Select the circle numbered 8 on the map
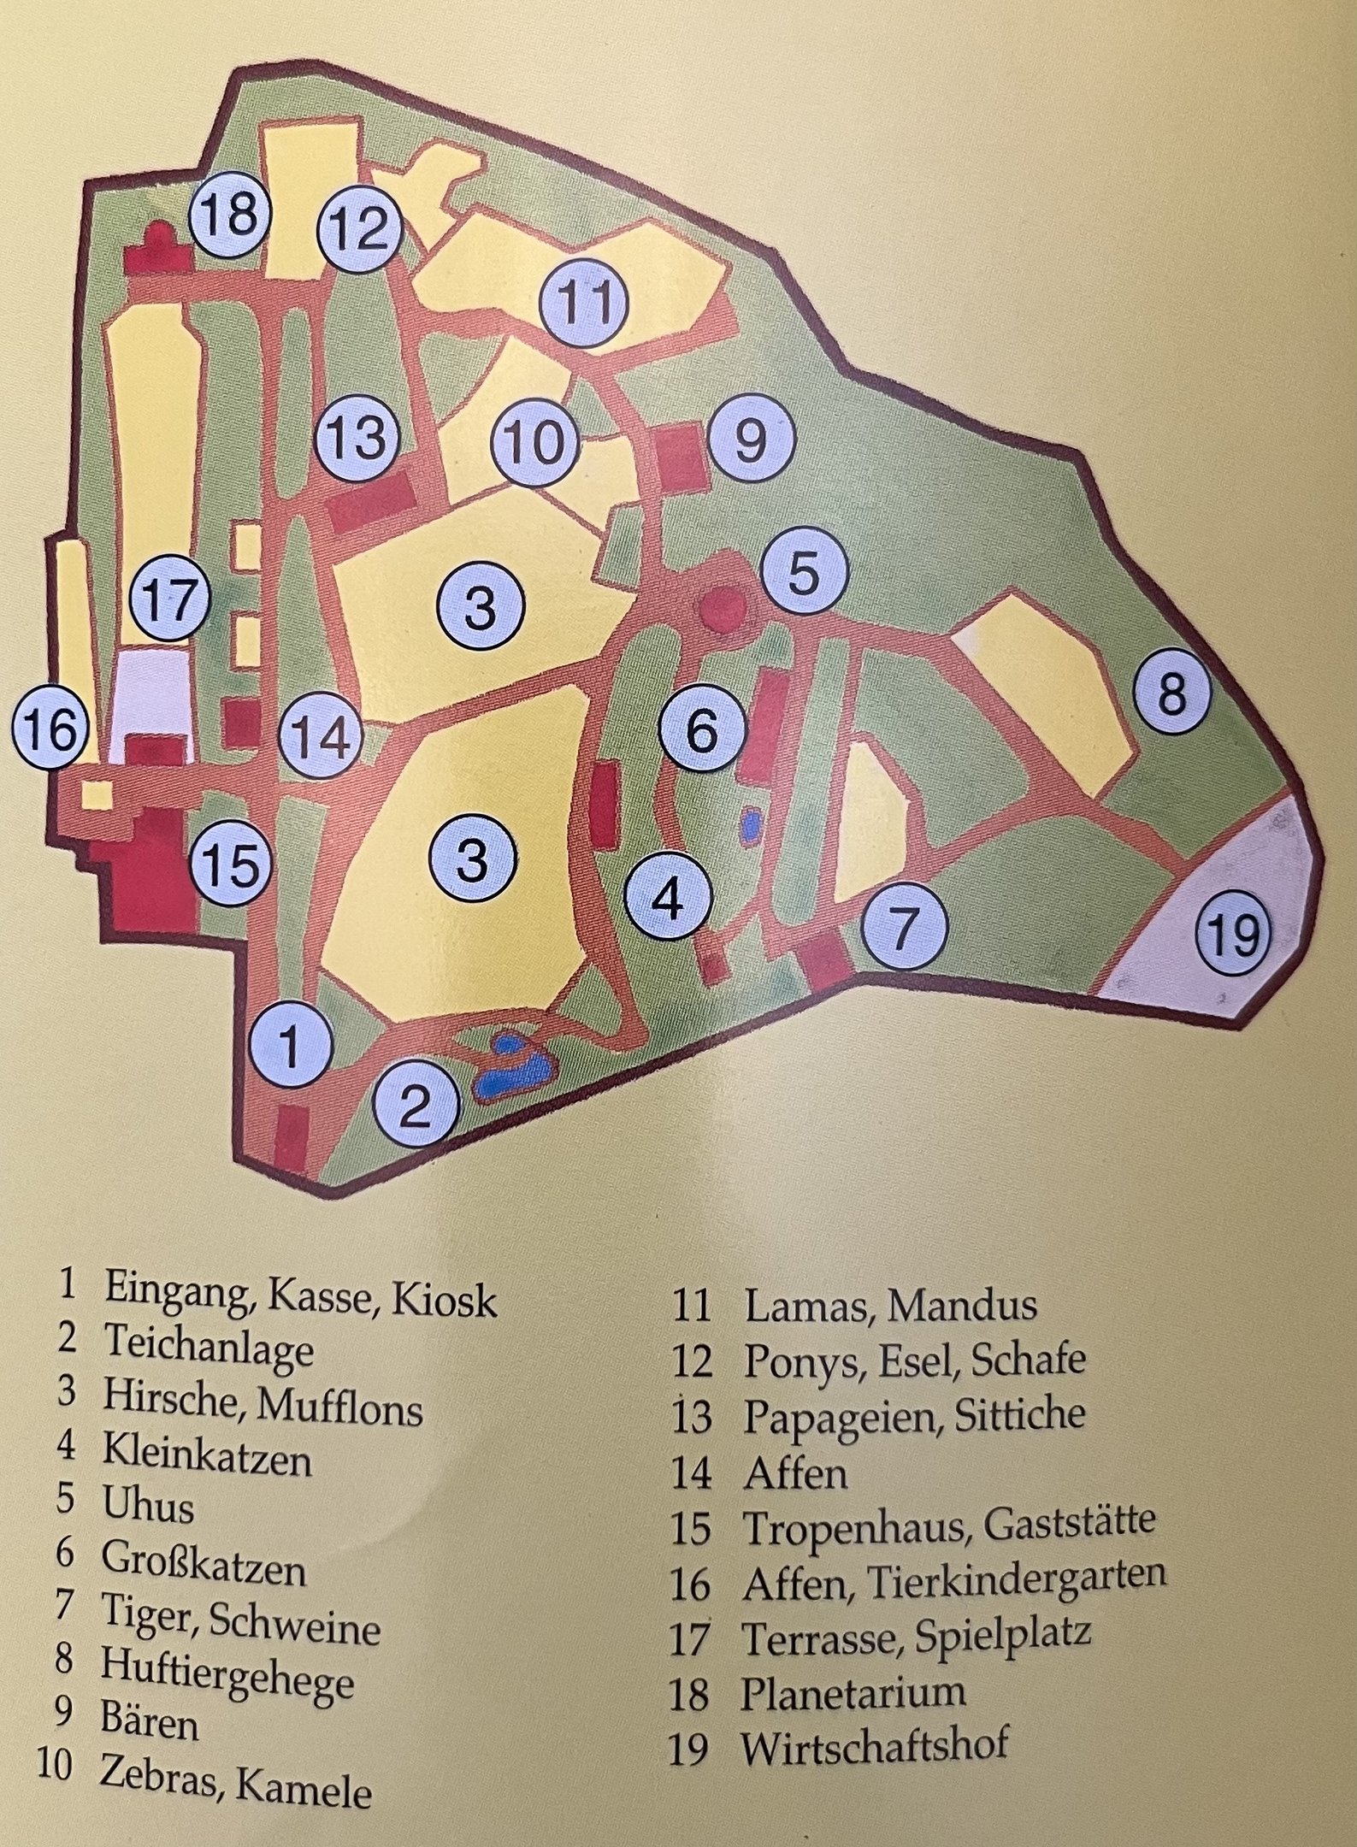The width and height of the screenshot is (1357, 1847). tap(1172, 691)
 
